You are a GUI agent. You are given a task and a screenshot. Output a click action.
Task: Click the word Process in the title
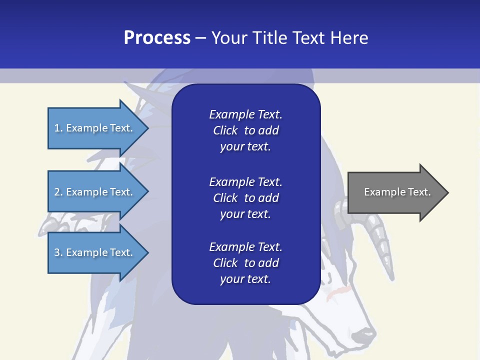157,38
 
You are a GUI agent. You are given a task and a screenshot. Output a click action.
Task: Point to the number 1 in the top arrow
57,128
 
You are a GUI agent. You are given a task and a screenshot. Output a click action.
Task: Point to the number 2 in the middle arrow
57,192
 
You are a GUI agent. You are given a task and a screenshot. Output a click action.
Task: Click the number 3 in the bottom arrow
57,252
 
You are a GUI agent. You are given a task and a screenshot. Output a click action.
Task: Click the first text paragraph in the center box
245,130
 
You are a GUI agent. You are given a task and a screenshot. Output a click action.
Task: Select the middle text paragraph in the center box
245,198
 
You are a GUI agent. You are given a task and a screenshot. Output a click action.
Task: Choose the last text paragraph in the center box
245,263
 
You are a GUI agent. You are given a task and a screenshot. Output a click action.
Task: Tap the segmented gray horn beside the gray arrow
380,240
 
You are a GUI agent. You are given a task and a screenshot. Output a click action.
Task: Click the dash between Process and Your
200,38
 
